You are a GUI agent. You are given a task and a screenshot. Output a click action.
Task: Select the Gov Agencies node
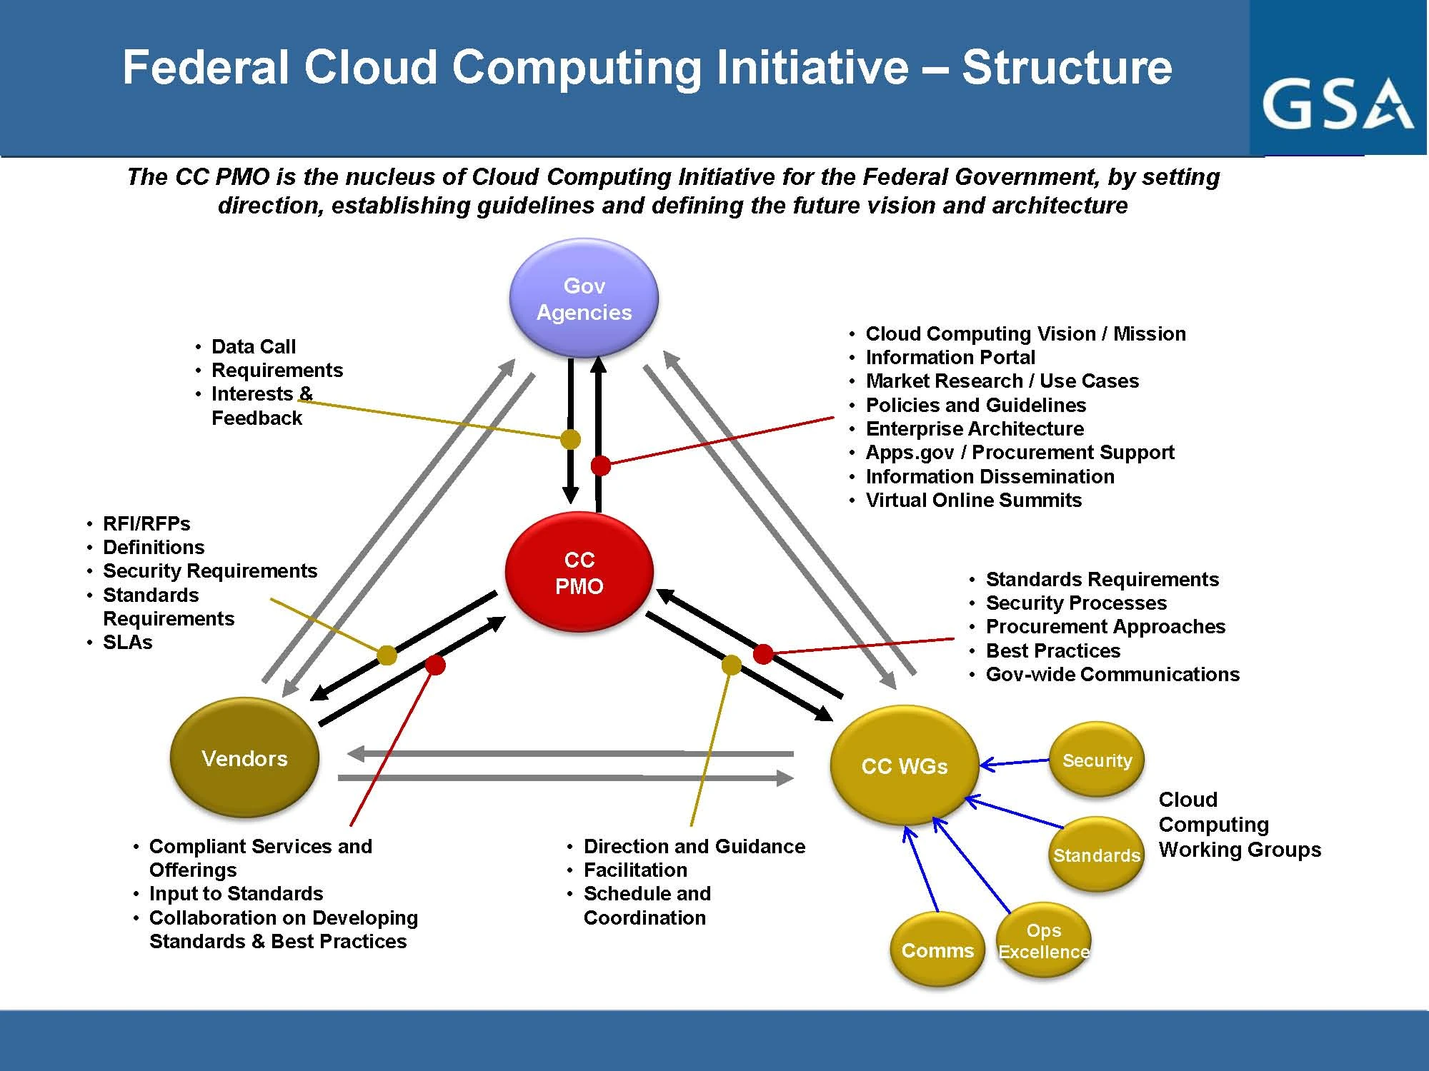point(584,298)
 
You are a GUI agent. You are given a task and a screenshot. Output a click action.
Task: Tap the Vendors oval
point(244,758)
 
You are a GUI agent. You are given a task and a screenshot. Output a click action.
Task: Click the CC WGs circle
point(904,766)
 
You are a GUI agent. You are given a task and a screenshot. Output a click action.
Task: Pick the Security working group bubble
point(1097,760)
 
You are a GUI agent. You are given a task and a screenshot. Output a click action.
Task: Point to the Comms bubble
point(937,950)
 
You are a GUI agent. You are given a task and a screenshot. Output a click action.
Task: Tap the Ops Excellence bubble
point(1044,941)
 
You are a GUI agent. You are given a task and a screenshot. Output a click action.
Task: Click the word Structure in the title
point(1066,67)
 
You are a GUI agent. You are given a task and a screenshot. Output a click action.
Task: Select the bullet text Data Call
point(254,346)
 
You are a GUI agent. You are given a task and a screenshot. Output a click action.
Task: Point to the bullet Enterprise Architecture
point(975,428)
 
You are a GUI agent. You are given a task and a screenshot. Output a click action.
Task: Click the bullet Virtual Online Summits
point(973,500)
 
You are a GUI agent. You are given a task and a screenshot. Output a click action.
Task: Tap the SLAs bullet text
point(128,642)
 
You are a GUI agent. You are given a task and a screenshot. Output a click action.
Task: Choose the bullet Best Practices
point(1052,650)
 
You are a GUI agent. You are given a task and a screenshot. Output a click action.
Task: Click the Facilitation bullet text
point(635,870)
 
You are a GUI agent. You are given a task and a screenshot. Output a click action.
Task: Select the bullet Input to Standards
point(236,893)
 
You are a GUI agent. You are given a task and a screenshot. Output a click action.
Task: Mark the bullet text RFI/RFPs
point(146,523)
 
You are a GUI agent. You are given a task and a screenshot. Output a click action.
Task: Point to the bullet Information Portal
point(950,357)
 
